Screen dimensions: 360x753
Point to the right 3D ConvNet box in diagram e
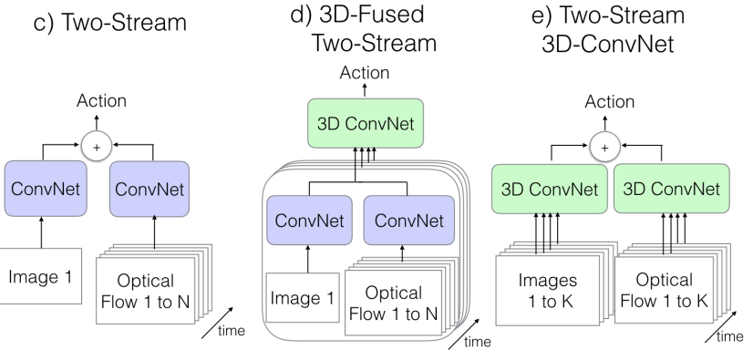click(668, 190)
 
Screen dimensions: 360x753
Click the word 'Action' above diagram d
click(364, 73)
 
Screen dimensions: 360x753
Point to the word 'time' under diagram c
click(229, 331)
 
